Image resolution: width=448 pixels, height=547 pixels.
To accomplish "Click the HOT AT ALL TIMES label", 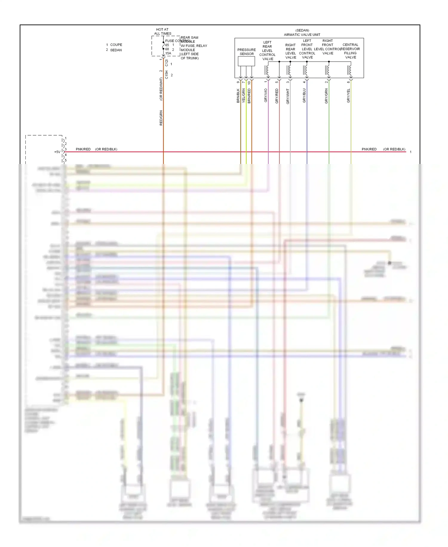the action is point(162,31).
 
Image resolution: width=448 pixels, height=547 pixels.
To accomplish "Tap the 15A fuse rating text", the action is point(168,53).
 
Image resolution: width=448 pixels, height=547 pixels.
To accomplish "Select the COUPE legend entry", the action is point(116,45).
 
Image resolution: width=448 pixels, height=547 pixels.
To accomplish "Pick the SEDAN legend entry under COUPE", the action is point(116,50).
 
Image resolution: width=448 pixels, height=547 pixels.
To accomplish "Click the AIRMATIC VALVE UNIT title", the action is point(302,35).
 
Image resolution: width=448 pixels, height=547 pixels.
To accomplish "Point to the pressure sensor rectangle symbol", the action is point(246,61).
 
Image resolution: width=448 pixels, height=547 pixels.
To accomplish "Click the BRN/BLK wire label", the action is point(238,96).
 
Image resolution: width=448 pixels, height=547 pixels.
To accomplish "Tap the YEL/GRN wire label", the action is point(244,96).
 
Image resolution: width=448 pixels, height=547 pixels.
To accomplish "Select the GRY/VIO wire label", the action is point(266,95).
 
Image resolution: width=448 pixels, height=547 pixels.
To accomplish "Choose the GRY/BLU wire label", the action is point(304,96).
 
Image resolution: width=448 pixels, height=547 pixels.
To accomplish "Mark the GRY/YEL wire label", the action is point(348,96).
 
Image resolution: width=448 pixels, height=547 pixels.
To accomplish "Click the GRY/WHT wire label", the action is point(288,96).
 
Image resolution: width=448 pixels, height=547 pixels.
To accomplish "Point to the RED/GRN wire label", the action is point(161,118).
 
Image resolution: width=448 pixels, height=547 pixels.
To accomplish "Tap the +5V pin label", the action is point(57,152).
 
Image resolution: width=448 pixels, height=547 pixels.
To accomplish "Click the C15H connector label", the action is point(167,75).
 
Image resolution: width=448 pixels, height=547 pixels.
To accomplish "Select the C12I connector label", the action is point(167,63).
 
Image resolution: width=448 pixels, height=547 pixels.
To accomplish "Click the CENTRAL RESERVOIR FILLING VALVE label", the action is point(350,51).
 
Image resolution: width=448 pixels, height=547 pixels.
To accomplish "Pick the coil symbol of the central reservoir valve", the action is point(350,70).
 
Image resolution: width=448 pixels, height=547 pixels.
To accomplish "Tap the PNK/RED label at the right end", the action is point(369,149).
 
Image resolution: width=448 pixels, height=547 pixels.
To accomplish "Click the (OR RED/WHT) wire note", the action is point(161,89).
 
